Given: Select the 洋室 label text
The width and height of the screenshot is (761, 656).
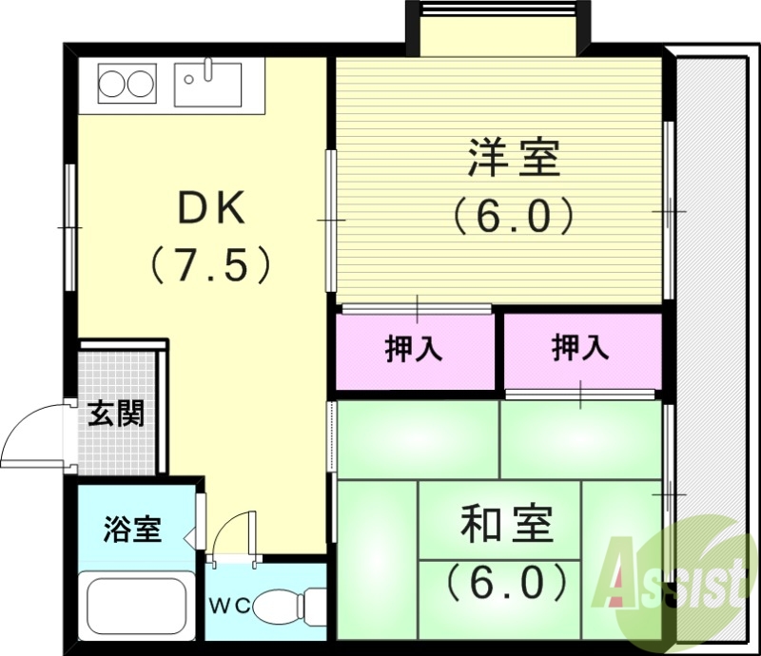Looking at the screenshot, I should (514, 158).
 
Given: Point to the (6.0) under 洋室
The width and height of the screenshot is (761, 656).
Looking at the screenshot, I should (514, 216).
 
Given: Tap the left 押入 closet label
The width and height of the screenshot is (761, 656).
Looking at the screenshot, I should (414, 350).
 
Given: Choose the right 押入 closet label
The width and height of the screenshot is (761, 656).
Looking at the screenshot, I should (580, 350).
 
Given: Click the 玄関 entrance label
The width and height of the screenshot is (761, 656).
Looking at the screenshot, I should (116, 415).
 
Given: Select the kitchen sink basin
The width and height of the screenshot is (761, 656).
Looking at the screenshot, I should (208, 83).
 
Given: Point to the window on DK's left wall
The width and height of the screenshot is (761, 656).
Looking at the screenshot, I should (70, 228).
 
